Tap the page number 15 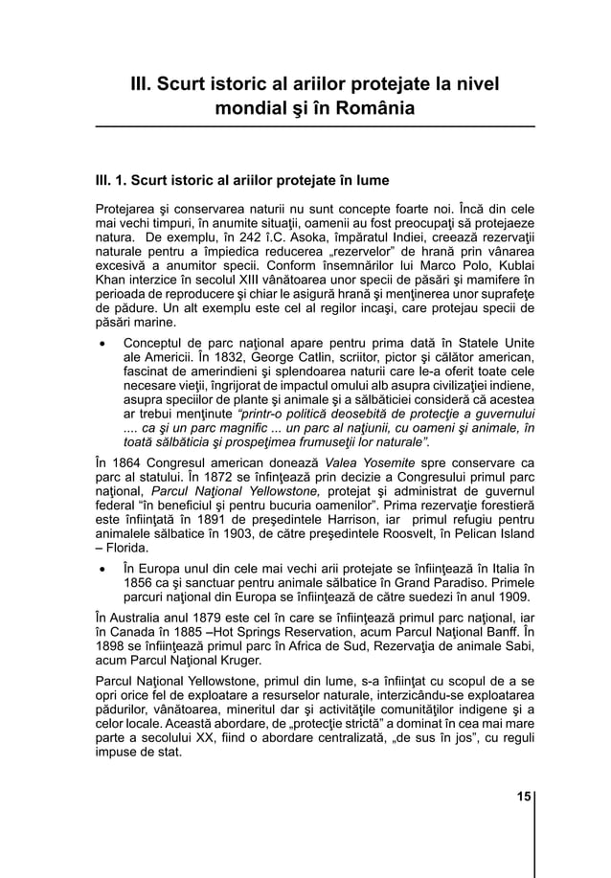tap(523, 797)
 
